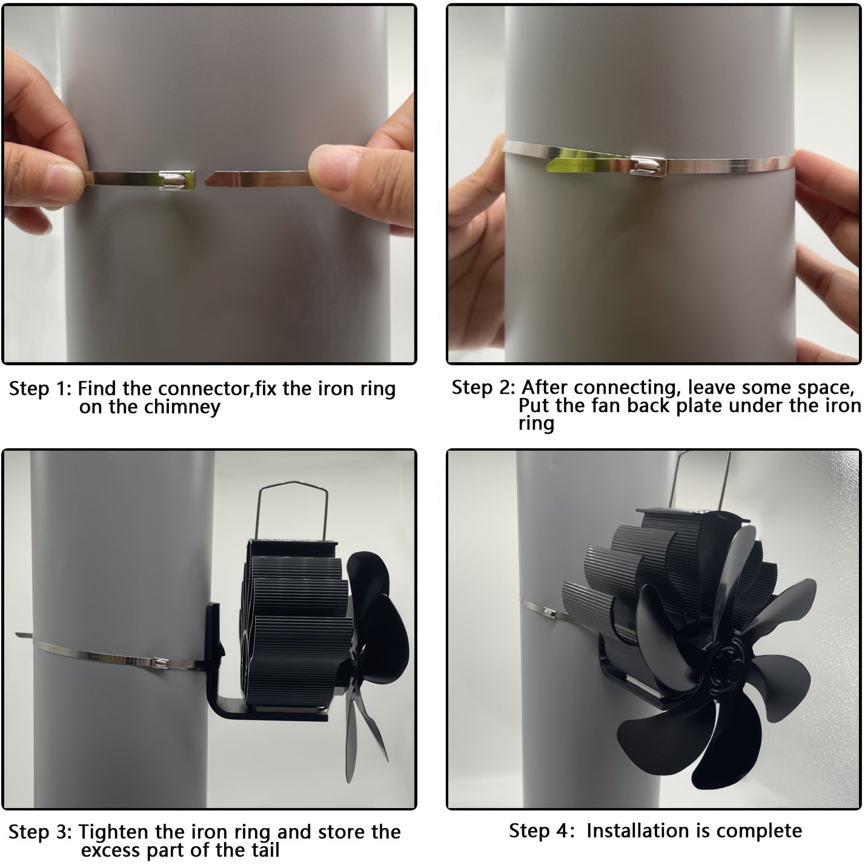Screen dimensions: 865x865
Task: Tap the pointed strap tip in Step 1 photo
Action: [x=207, y=181]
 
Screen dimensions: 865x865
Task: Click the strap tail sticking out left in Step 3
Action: [x=24, y=635]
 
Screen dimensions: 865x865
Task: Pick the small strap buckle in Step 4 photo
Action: [x=549, y=612]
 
